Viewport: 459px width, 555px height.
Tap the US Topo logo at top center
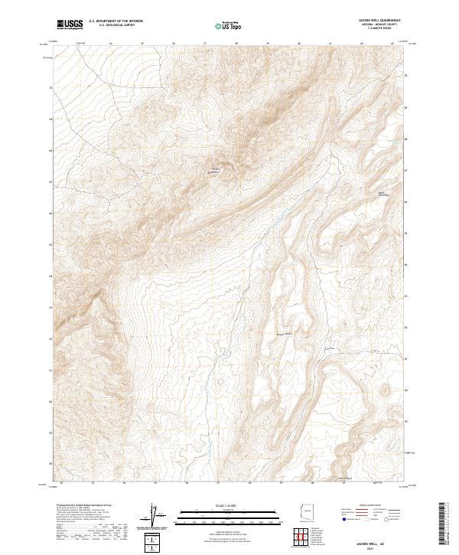tap(229, 26)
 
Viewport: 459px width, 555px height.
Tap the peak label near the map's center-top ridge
tap(215, 170)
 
